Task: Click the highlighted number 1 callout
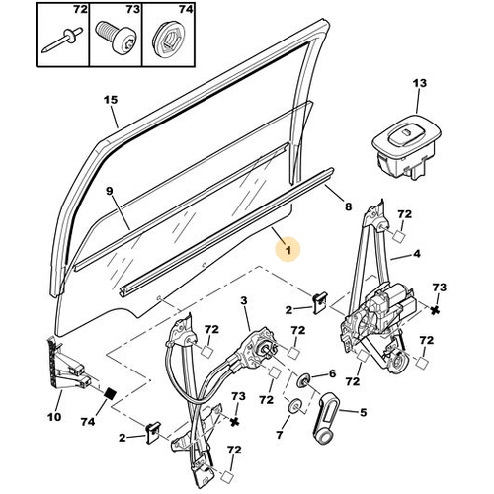(288, 250)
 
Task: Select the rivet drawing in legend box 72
(62, 41)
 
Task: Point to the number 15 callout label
(111, 100)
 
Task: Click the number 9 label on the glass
(110, 191)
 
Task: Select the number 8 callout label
(348, 206)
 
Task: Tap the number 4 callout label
(416, 254)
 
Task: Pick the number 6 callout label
(333, 373)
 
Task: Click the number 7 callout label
(280, 435)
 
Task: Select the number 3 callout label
(244, 300)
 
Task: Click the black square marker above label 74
(111, 394)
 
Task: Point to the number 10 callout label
(54, 417)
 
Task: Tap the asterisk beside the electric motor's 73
(435, 309)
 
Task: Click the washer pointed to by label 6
(303, 380)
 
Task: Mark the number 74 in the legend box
(185, 10)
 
